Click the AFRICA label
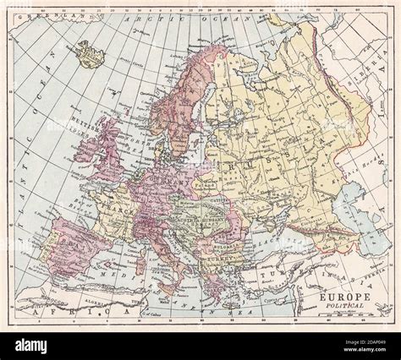pyautogui.click(x=85, y=312)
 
